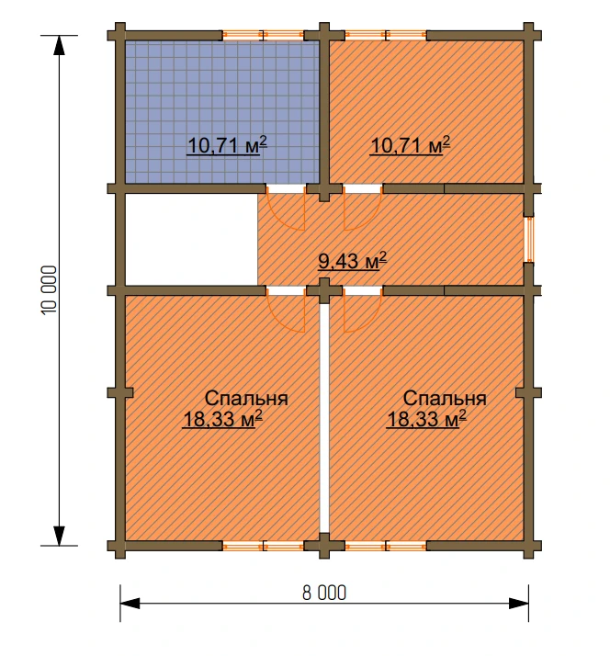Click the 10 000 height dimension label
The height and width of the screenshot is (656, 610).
49,290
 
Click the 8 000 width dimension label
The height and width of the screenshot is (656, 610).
324,593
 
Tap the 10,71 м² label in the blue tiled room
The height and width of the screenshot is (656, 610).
227,145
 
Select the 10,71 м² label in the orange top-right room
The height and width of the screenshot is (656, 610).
410,145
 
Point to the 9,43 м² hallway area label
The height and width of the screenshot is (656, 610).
352,261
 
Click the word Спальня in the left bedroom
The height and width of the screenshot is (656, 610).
246,399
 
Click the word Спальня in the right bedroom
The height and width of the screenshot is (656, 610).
445,399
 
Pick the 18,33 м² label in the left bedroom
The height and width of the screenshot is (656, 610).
222,419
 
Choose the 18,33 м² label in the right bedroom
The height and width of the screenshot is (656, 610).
426,419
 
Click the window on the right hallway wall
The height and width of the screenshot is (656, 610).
529,239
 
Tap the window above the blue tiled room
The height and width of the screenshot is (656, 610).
263,35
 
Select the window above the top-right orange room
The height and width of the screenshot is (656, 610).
386,35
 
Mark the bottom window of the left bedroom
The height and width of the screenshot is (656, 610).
263,546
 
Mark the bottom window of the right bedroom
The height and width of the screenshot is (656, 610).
386,546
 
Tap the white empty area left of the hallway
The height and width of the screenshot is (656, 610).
191,239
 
